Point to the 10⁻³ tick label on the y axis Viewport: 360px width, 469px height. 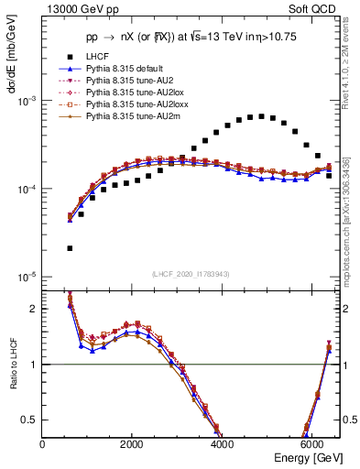click(27, 101)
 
